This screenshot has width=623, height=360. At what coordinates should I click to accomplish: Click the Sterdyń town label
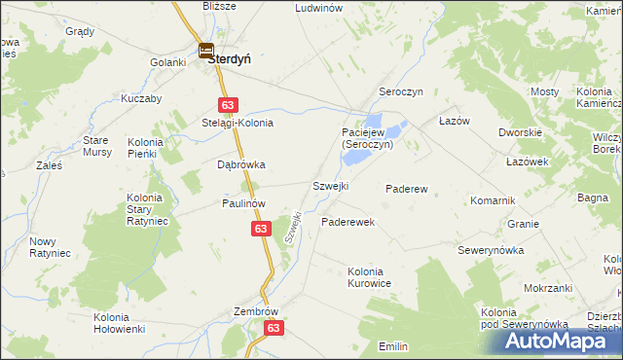pyautogui.click(x=230, y=57)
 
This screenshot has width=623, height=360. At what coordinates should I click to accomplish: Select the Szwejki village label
pyautogui.click(x=330, y=186)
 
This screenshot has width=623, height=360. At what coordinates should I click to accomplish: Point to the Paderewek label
pyautogui.click(x=348, y=222)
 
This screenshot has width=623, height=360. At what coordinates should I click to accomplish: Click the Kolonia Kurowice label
pyautogui.click(x=370, y=276)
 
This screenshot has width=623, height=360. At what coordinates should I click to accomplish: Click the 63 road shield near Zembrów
pyautogui.click(x=275, y=329)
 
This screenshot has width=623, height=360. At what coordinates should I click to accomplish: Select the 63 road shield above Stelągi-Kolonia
pyautogui.click(x=227, y=104)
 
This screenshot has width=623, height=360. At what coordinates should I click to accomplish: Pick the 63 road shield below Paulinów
pyautogui.click(x=260, y=228)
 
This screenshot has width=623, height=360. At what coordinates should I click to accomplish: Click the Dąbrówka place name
pyautogui.click(x=240, y=164)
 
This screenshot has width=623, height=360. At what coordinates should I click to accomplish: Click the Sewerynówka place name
pyautogui.click(x=492, y=250)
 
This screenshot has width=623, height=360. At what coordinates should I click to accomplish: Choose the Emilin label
pyautogui.click(x=393, y=346)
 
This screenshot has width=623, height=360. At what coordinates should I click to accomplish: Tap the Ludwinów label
pyautogui.click(x=319, y=7)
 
